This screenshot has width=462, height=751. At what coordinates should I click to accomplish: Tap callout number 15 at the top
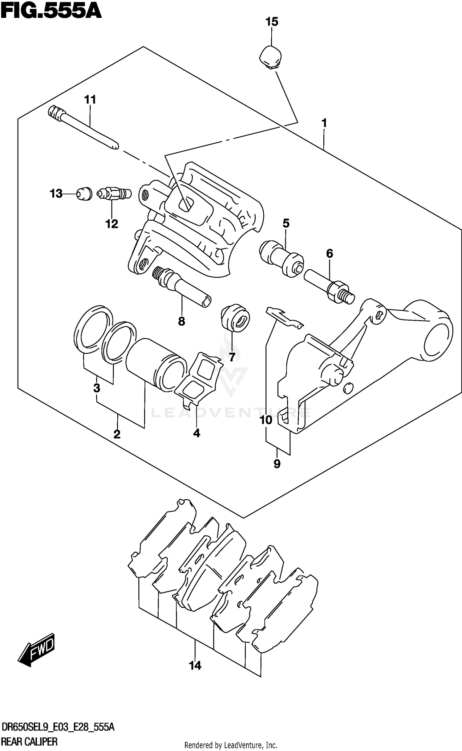[x=272, y=22]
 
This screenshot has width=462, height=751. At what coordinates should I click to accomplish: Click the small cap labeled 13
[x=84, y=194]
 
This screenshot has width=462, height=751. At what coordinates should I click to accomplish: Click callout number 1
[x=324, y=123]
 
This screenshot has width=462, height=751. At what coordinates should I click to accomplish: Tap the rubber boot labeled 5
[x=281, y=258]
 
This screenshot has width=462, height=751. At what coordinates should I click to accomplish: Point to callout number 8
[x=181, y=321]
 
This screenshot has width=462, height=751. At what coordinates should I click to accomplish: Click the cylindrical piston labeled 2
[x=156, y=364]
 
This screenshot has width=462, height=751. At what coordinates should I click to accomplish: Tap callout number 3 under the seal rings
[x=97, y=388]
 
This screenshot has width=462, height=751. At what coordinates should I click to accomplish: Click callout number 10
[x=266, y=420]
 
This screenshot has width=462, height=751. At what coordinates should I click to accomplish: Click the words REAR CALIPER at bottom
[x=29, y=742]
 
